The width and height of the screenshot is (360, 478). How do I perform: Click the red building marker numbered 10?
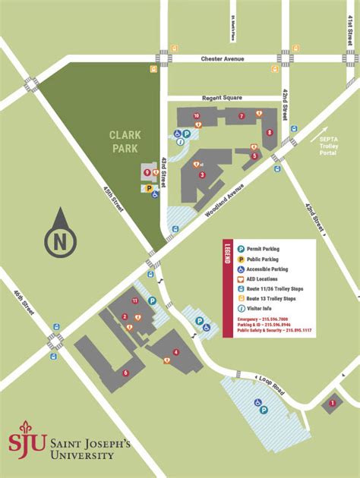pos(196,116)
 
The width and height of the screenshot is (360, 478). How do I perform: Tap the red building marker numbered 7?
pos(242,116)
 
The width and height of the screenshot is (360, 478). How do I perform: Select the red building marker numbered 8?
pos(270,133)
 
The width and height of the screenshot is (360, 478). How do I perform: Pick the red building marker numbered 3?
pos(202,175)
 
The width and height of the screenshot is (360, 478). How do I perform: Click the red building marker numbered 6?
pos(125,373)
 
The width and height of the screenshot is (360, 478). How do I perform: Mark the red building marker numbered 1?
pos(332,403)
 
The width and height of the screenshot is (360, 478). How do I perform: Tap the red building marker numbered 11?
pos(135,301)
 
